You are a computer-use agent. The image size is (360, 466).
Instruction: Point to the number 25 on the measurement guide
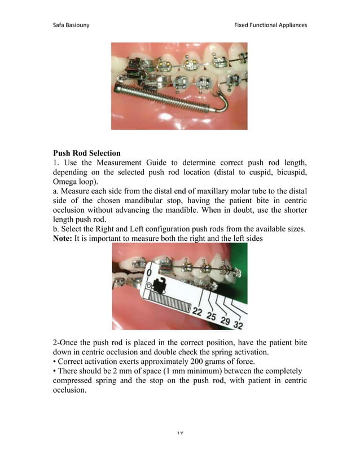click(211, 315)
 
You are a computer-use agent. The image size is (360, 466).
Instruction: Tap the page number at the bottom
click(180, 433)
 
